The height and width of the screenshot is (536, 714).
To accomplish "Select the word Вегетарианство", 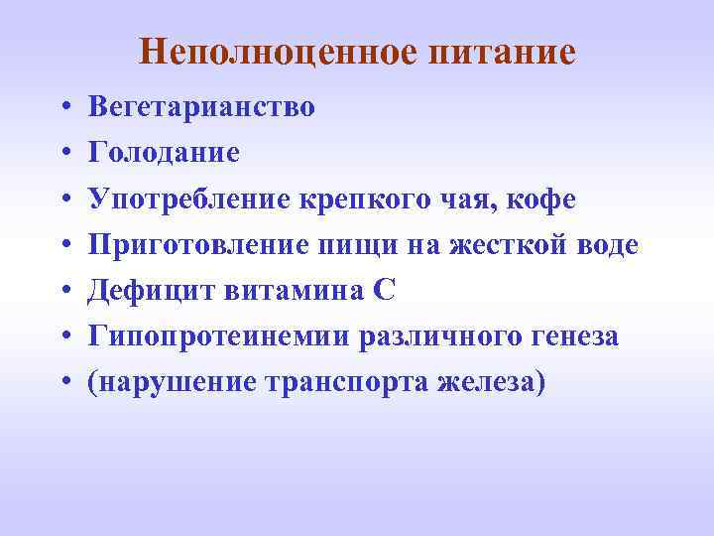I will pos(201,107).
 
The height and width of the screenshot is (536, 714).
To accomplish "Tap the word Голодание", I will pos(164,154).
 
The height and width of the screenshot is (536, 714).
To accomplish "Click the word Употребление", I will pos(187,200).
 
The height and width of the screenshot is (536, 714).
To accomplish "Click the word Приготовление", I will pos(195,246).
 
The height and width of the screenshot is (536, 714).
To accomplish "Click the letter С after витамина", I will pos(385,292).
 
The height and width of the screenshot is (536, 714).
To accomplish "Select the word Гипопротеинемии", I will pos(227,337).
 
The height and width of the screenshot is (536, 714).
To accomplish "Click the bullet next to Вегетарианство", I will pos(63,107).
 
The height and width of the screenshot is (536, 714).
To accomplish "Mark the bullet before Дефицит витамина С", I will pos(63,292).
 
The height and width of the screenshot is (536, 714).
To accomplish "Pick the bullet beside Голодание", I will pos(63,154).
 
